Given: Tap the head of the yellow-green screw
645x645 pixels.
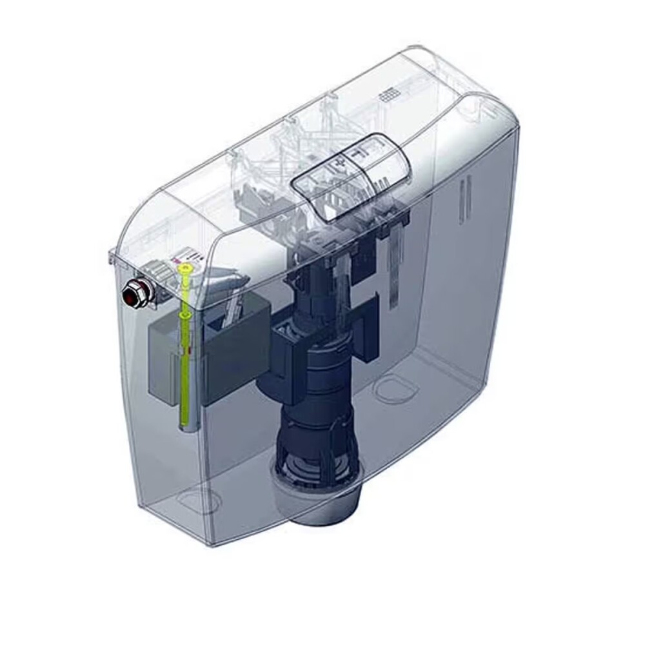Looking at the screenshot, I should [x=186, y=267].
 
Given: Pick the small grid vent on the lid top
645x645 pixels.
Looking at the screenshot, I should [x=389, y=95].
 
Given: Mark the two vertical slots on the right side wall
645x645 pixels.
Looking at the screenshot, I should [x=461, y=200].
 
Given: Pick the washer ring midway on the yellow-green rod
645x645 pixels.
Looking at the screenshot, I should [x=185, y=313].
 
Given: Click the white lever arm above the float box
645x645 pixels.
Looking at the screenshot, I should [x=226, y=284].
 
